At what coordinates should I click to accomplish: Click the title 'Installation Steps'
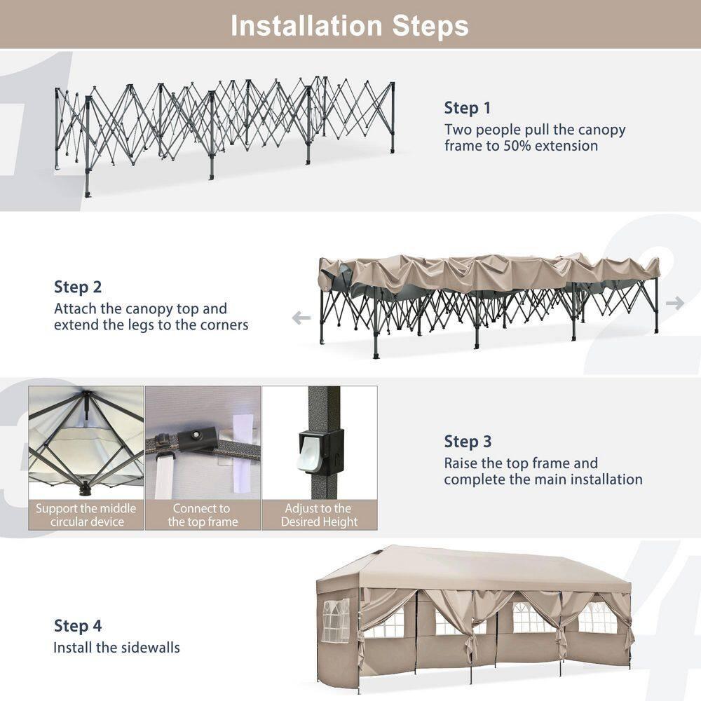[x=350, y=25]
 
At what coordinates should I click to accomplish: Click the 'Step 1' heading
[x=467, y=108]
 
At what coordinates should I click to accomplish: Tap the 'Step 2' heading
[x=77, y=287]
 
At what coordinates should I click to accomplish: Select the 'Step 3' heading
[x=467, y=442]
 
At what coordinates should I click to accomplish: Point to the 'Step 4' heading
[x=77, y=626]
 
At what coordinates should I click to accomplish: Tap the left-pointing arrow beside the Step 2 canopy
[x=301, y=318]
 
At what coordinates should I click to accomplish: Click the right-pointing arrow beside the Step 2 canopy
[x=675, y=303]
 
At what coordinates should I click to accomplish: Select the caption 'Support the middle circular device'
[x=86, y=515]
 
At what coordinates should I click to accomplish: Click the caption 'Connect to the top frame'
[x=203, y=515]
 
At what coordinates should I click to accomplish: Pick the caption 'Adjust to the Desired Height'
[x=319, y=515]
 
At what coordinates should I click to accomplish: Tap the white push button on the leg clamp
[x=311, y=457]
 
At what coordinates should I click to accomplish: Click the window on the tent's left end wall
[x=335, y=621]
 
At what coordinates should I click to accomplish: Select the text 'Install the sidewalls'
[x=116, y=648]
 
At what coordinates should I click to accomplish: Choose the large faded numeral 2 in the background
[x=645, y=294]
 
